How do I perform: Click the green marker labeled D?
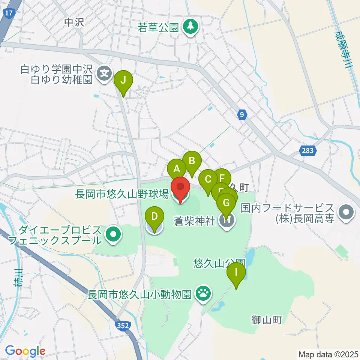[x=154, y=217]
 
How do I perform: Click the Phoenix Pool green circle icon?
[x=113, y=235]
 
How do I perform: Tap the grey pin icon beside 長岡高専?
[x=345, y=213]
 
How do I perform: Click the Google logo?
[x=25, y=351]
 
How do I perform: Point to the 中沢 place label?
[x=73, y=22]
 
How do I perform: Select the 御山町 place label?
[x=266, y=320]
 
